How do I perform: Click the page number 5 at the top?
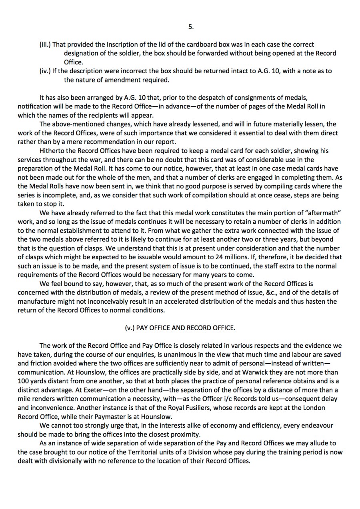pos(191,27)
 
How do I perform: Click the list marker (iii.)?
pos(45,44)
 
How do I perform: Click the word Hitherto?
pos(52,150)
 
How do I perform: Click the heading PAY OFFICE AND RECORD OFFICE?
pos(180,327)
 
